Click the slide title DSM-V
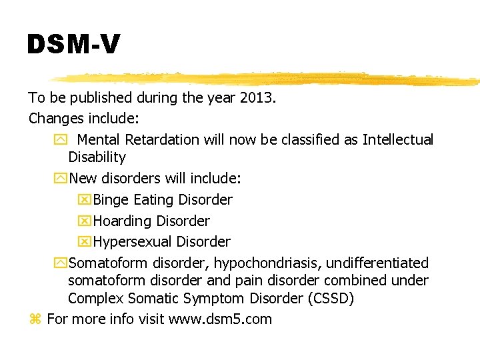click(73, 45)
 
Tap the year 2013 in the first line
click(258, 98)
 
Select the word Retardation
click(161, 140)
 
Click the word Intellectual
click(398, 140)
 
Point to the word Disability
click(97, 157)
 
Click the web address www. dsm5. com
click(221, 319)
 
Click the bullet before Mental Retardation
click(60, 140)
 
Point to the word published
click(100, 98)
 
